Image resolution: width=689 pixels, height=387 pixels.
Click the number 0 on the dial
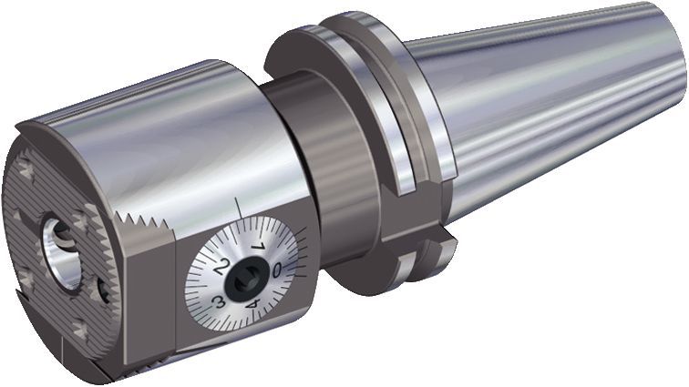click(277, 268)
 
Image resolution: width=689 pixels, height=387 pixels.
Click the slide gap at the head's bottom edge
click(182, 361)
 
